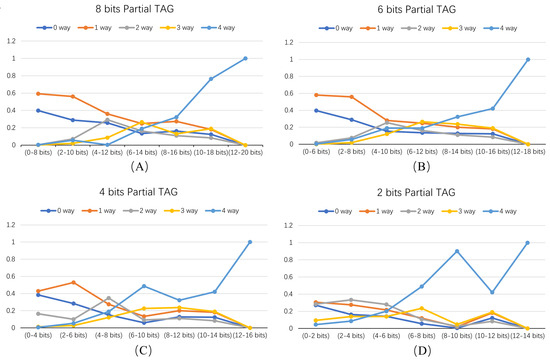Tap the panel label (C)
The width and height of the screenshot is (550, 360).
tap(139, 350)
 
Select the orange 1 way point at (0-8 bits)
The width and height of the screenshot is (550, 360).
tap(36, 93)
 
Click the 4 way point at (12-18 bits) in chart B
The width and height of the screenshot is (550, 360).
tap(527, 59)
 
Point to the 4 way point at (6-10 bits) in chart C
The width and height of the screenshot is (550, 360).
tap(142, 286)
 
